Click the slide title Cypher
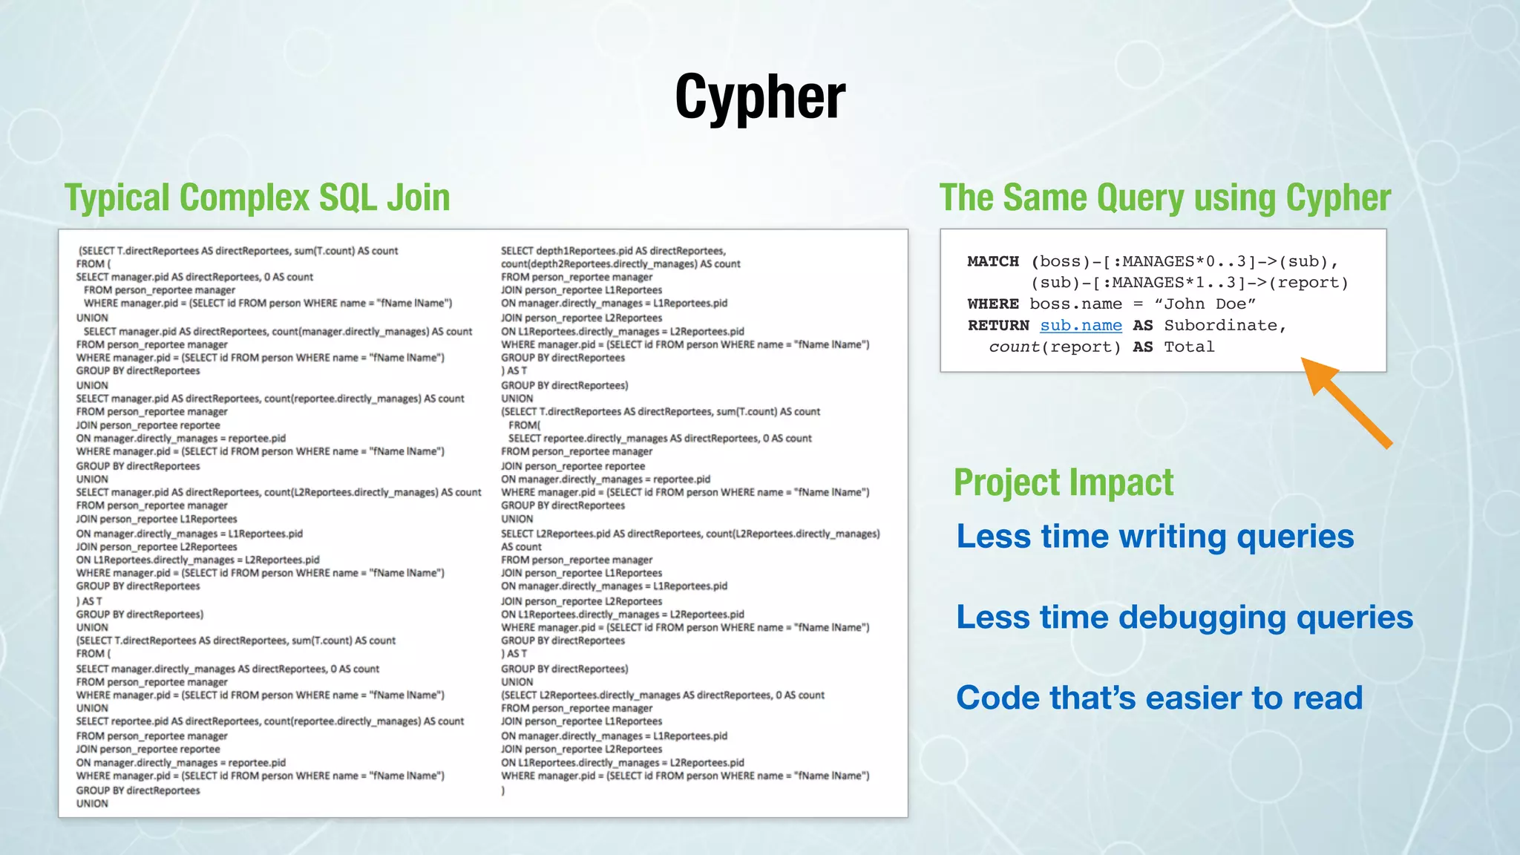coord(759,97)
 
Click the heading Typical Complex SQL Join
coord(257,198)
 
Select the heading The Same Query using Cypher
coord(1164,198)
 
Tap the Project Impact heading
coord(1063,482)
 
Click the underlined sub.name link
coord(1081,326)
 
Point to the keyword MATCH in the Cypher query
coord(993,261)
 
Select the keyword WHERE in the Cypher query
coord(993,304)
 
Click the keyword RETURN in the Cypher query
coord(998,326)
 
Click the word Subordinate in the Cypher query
coord(1224,326)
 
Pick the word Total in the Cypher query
coord(1189,347)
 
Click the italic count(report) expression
coord(1055,347)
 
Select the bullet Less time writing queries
coord(1155,537)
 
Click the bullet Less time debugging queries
coord(1185,617)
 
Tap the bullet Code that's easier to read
coord(1159,698)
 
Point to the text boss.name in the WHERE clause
coord(1075,304)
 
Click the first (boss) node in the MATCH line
coord(1060,261)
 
